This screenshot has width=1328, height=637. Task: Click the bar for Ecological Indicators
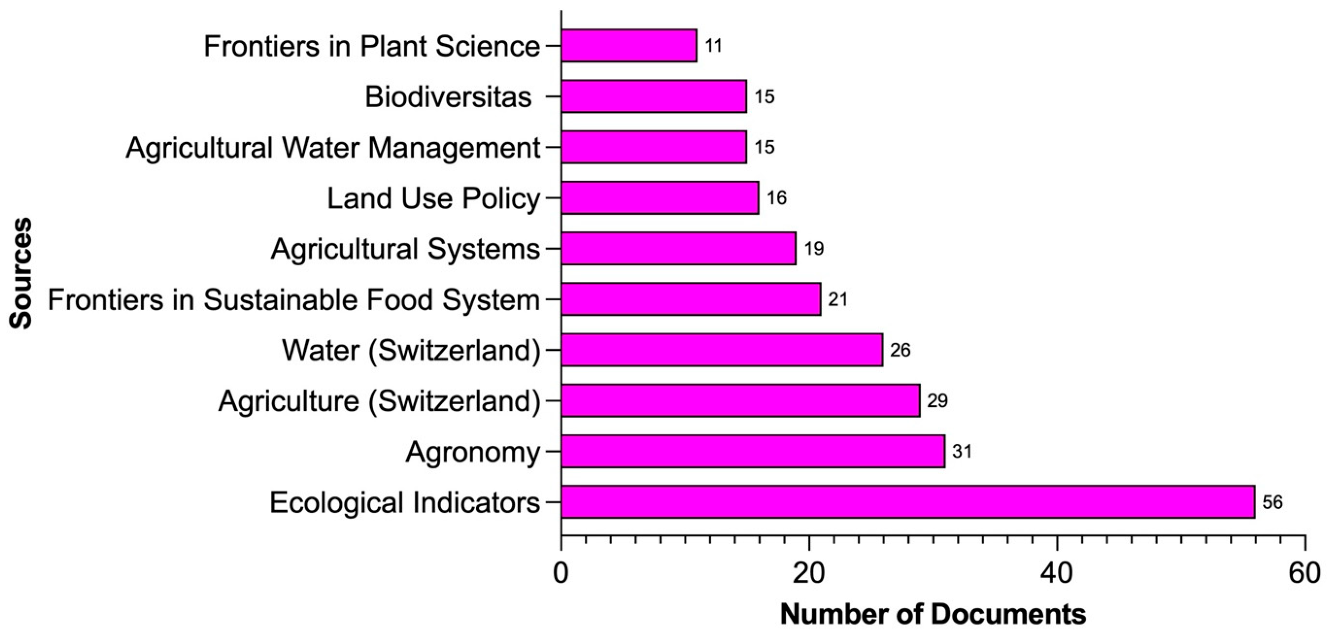tap(907, 501)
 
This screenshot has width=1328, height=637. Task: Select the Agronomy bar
tap(753, 451)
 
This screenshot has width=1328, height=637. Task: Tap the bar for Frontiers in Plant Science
tap(629, 45)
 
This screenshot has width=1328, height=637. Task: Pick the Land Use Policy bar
tap(660, 197)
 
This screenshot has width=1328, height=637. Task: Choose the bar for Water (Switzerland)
tap(722, 349)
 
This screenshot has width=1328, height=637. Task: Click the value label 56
tap(1272, 502)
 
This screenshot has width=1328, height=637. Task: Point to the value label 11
tap(714, 46)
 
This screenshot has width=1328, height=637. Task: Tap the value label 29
tap(937, 400)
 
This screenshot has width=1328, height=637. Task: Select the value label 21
tap(838, 299)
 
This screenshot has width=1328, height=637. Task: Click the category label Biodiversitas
tap(448, 96)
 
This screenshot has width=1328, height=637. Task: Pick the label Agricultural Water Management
tap(333, 147)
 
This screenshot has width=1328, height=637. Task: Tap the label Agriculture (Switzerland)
tap(379, 400)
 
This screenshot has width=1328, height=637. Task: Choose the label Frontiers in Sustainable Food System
tap(294, 299)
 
